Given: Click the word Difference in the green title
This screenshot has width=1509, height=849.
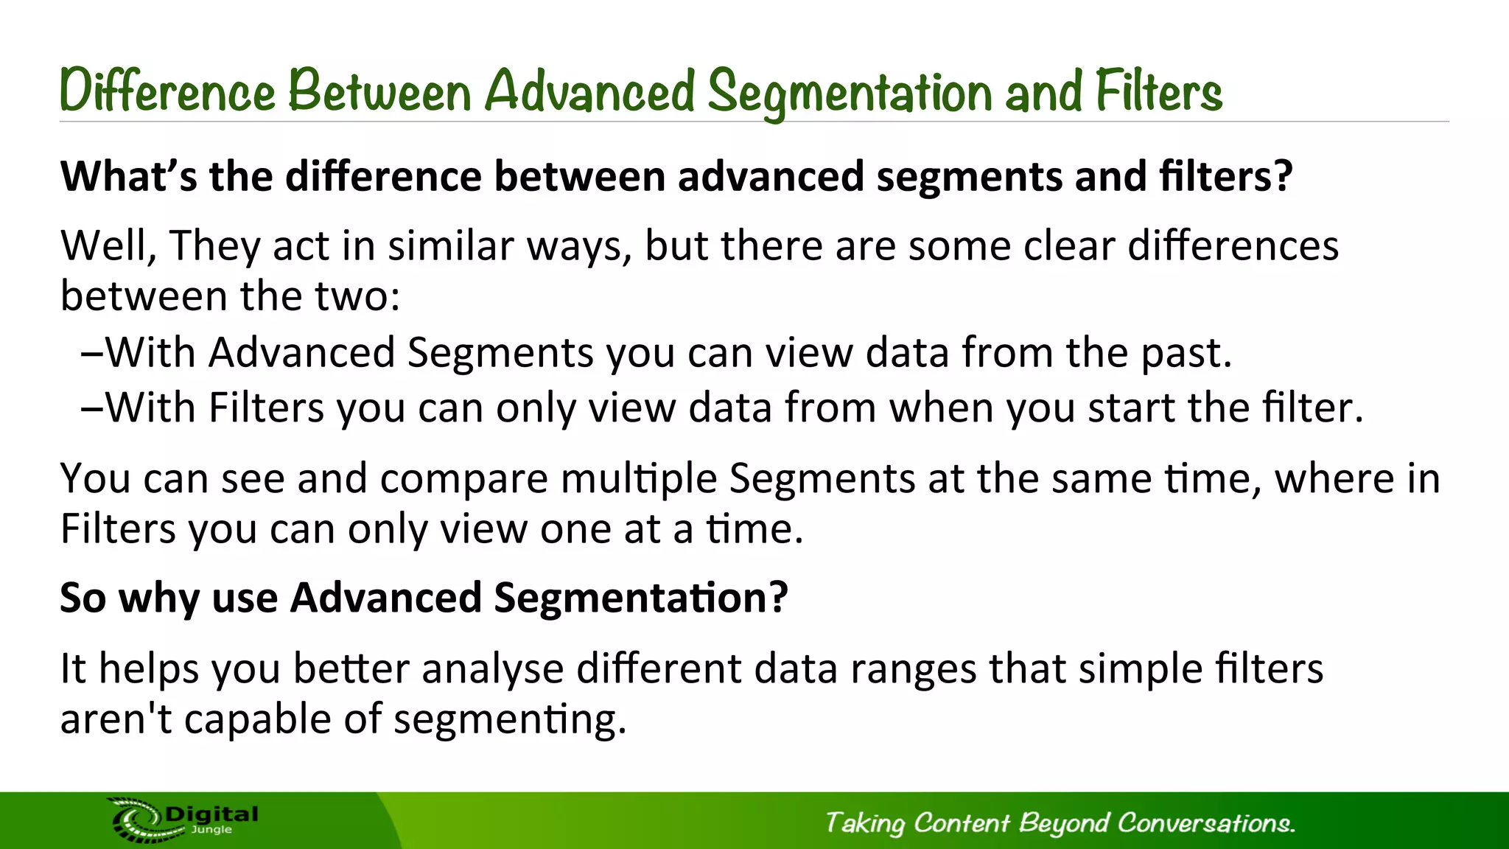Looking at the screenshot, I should (x=167, y=91).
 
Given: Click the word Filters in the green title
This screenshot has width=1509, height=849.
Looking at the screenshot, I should (x=1158, y=91).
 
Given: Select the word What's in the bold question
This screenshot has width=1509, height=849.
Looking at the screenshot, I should (x=128, y=176).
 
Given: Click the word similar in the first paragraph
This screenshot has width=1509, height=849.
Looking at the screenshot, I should (x=450, y=245).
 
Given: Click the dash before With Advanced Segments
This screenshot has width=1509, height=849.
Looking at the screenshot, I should (x=92, y=353).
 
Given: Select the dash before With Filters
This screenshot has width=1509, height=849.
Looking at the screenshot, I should (x=92, y=408).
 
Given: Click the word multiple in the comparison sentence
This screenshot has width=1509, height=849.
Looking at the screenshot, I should (x=638, y=478).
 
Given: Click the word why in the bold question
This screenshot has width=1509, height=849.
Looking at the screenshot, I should (x=159, y=598).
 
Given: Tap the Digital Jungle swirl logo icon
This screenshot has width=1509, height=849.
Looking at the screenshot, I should (x=136, y=820).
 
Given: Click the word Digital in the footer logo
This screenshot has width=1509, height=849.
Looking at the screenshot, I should (x=211, y=814).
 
